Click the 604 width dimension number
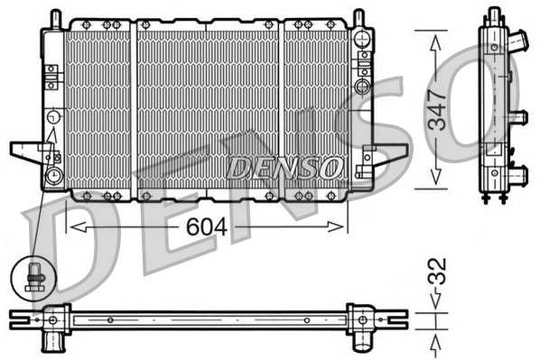pyautogui.click(x=208, y=227)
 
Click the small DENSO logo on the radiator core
pyautogui.click(x=283, y=167)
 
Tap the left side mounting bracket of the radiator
pyautogui.click(x=26, y=151)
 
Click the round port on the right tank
pyautogui.click(x=362, y=87)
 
